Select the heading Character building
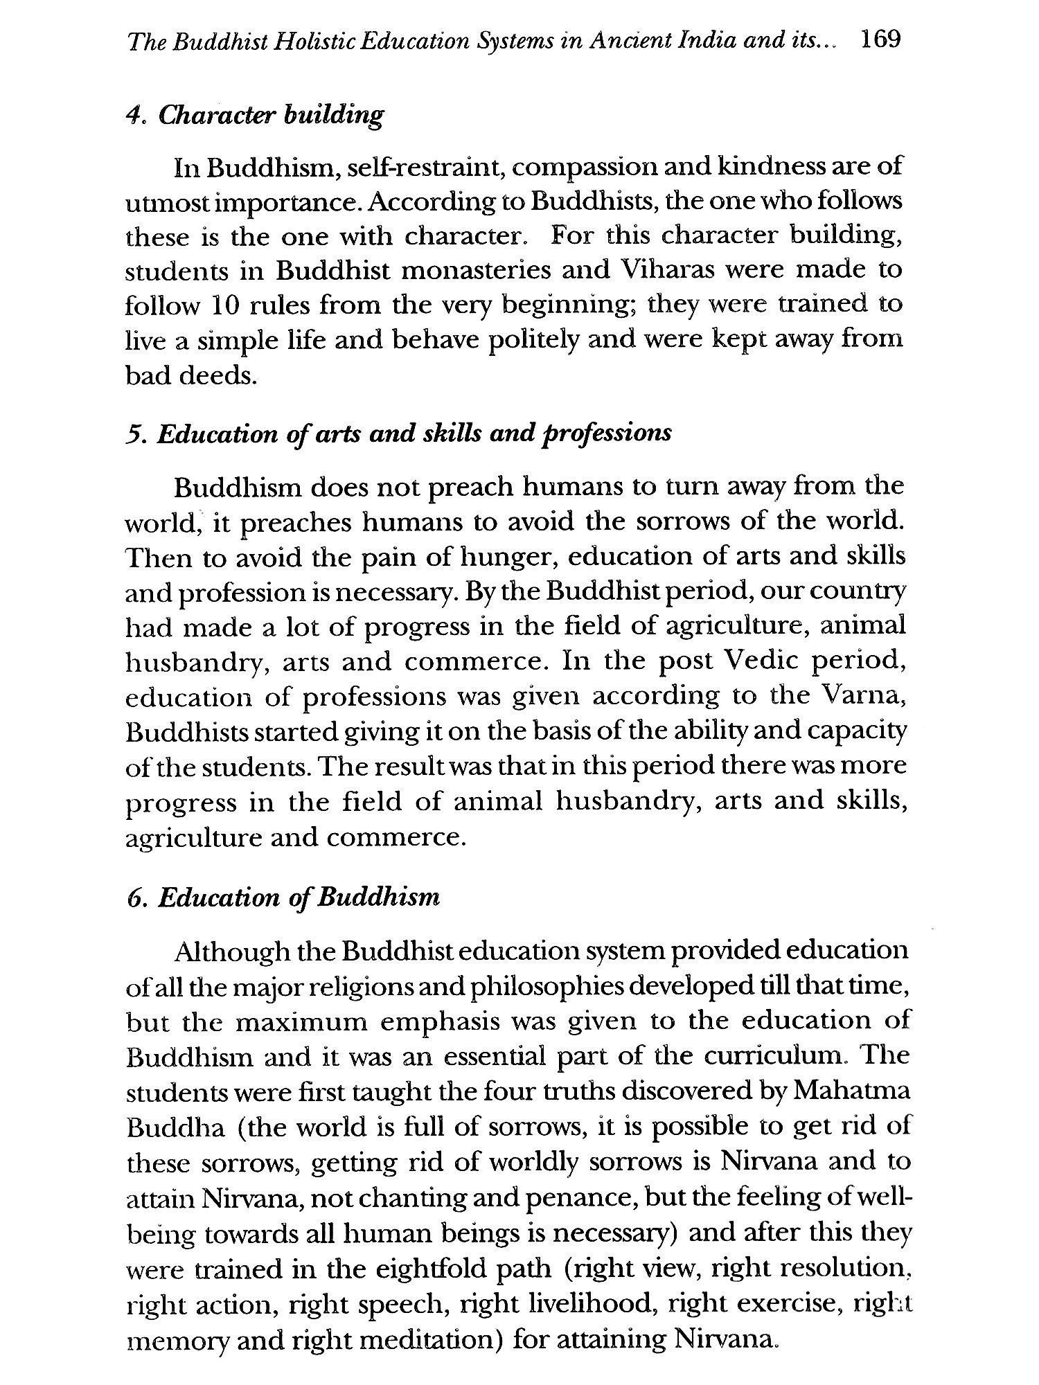point(271,114)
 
